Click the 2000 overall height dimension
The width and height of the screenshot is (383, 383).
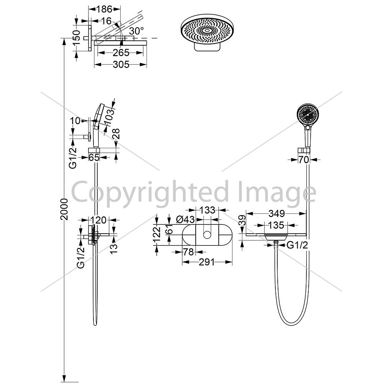click(64, 209)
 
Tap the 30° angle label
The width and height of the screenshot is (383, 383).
click(136, 31)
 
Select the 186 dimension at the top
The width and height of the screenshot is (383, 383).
click(104, 9)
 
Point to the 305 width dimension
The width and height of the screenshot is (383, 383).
click(121, 64)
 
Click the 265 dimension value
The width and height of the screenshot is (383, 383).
click(121, 52)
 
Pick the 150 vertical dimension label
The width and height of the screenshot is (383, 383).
click(77, 38)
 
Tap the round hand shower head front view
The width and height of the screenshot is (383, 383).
click(308, 115)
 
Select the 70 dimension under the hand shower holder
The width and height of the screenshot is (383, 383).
click(304, 160)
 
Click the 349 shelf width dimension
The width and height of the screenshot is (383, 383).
click(277, 213)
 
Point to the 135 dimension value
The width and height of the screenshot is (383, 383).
click(276, 225)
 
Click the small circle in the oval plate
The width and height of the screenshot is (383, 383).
click(207, 235)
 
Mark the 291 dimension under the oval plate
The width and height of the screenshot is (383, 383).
click(207, 262)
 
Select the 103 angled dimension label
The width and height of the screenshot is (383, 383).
click(110, 114)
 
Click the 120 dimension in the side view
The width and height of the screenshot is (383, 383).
click(99, 220)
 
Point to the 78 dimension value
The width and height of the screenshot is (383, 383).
click(188, 252)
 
